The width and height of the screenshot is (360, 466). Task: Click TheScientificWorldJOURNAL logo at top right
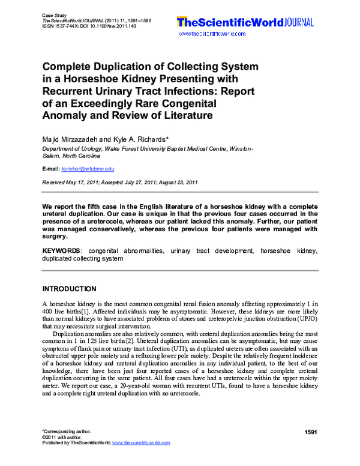244,23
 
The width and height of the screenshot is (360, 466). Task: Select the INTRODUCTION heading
69,289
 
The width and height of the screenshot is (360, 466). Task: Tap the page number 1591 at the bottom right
310,433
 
